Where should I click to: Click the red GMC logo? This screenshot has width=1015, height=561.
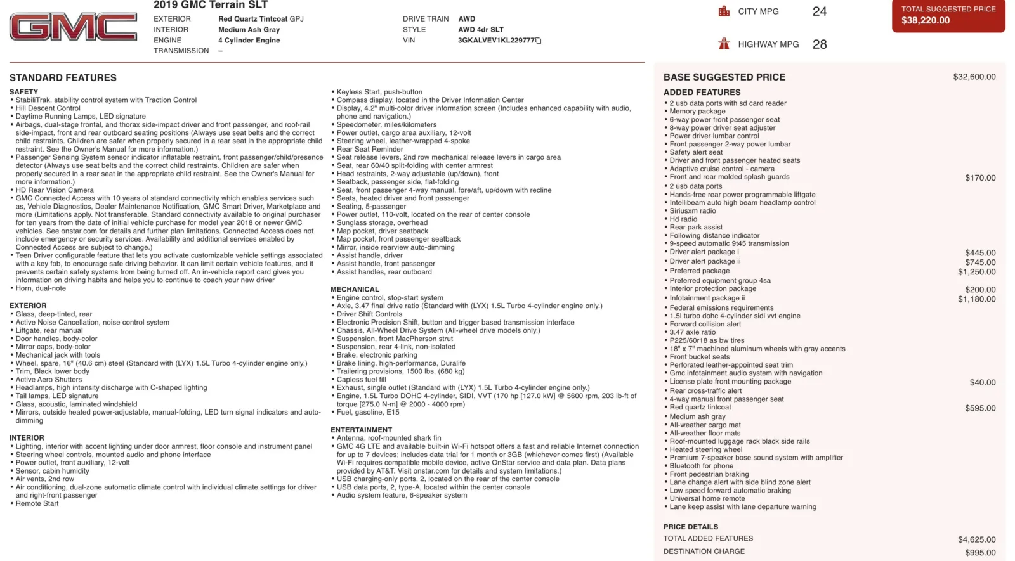73,27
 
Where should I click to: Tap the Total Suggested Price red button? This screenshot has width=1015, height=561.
948,15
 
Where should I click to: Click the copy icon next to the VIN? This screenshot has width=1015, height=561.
539,41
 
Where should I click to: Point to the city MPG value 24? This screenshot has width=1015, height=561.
820,11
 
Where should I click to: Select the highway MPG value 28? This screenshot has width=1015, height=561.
820,44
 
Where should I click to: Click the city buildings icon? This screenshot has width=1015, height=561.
724,11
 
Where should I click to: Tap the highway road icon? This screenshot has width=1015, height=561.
724,44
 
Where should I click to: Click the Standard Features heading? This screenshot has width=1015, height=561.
63,78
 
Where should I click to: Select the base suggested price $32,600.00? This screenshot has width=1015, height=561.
974,77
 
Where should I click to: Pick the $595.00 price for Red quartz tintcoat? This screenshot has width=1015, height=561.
980,408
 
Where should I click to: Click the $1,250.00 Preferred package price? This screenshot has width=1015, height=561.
976,272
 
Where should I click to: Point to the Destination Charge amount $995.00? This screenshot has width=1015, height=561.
980,553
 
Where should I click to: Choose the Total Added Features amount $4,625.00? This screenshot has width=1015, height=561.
976,539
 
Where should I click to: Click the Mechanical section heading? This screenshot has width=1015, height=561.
355,290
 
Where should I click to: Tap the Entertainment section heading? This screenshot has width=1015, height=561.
361,430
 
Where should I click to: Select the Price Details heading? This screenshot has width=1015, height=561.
691,527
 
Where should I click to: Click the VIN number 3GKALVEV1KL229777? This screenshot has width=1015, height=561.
495,41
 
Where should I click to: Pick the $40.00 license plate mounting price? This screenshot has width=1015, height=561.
983,382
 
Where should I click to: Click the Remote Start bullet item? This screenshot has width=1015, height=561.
37,503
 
